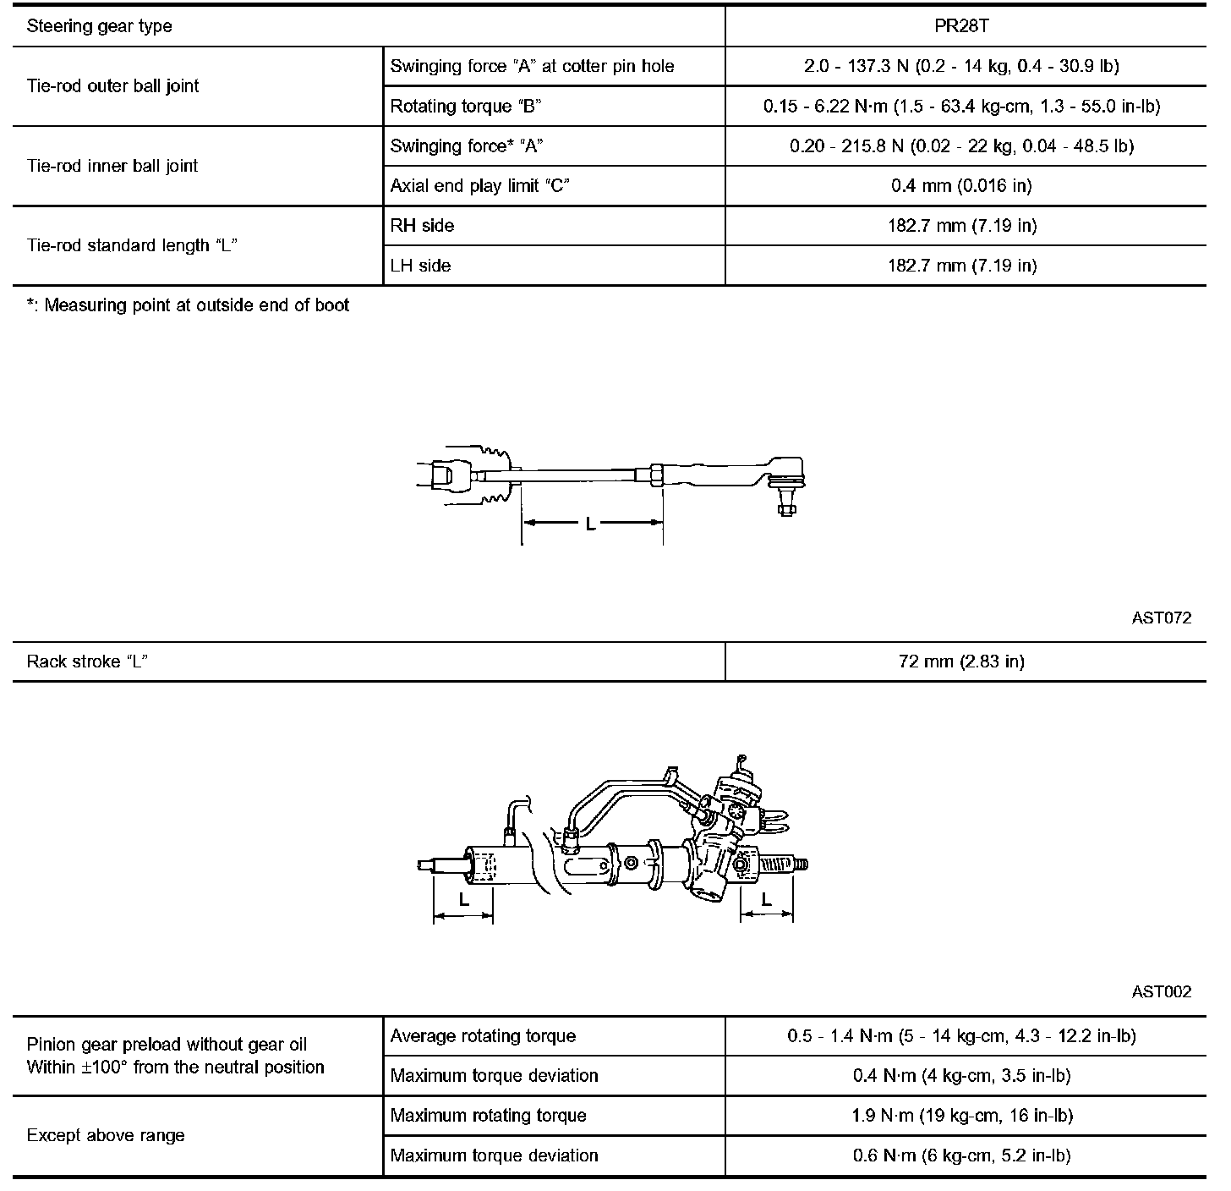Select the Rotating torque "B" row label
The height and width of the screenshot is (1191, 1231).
[466, 106]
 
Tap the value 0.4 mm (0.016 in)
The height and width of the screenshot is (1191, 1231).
[961, 185]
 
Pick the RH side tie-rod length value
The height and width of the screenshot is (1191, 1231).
[961, 225]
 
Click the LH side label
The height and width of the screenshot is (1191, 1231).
[420, 265]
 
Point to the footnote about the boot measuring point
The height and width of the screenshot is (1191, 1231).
[188, 305]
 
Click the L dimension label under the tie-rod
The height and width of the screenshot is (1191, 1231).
[591, 524]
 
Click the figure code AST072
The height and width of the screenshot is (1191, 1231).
[1161, 618]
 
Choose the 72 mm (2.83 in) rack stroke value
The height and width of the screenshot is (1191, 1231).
[961, 661]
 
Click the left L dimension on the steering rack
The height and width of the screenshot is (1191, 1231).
[463, 900]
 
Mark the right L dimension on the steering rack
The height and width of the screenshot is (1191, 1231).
[767, 900]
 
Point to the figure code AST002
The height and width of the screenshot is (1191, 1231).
[1161, 991]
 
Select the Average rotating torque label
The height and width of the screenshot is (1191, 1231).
[483, 1035]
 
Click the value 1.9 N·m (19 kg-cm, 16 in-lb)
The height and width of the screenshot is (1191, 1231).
[961, 1115]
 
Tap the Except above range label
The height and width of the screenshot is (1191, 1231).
[106, 1135]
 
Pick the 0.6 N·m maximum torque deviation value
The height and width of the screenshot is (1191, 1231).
[961, 1155]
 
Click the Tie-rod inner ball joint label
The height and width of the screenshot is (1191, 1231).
[112, 166]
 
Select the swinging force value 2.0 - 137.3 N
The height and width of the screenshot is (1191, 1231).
[961, 66]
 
